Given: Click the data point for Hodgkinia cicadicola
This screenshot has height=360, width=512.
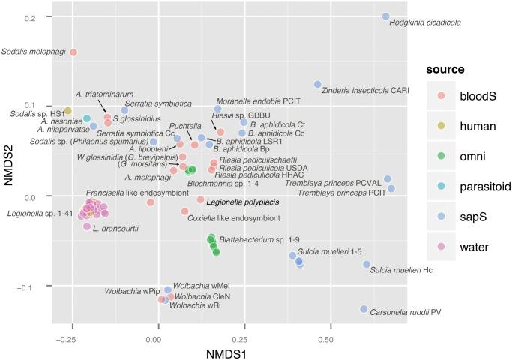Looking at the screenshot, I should (386, 16).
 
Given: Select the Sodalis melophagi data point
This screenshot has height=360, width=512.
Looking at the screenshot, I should (73, 52).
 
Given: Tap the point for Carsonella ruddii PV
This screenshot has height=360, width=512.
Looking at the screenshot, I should (364, 309).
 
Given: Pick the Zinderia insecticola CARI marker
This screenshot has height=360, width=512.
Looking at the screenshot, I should (318, 84).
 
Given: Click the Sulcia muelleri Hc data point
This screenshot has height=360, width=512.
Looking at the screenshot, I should (367, 264).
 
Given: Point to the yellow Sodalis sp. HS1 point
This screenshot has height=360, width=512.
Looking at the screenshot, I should (68, 111).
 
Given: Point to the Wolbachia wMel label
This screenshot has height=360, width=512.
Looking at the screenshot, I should (202, 286).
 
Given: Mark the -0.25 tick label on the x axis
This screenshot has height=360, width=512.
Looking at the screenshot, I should (63, 339).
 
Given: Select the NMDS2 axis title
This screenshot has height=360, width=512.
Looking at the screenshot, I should (9, 166).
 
